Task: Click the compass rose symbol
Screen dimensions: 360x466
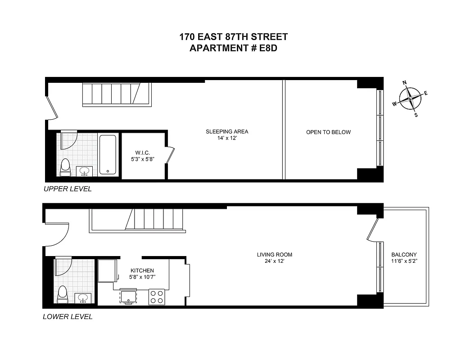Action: pyautogui.click(x=410, y=98)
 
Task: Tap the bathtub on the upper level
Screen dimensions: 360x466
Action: pyautogui.click(x=108, y=154)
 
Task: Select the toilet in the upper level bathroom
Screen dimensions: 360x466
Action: pyautogui.click(x=66, y=166)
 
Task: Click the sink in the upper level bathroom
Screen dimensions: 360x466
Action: pyautogui.click(x=85, y=171)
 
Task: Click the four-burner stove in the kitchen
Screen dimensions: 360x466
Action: pyautogui.click(x=157, y=297)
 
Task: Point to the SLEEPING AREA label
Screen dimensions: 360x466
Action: pyautogui.click(x=227, y=132)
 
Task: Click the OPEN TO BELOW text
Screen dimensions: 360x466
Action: pyautogui.click(x=328, y=132)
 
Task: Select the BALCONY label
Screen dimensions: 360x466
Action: pyautogui.click(x=404, y=254)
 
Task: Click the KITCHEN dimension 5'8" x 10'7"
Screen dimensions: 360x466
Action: pyautogui.click(x=142, y=277)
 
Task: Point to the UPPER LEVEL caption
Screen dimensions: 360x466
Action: pyautogui.click(x=68, y=189)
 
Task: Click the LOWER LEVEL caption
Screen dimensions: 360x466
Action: pyautogui.click(x=68, y=317)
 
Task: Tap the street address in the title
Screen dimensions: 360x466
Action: pyautogui.click(x=233, y=37)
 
